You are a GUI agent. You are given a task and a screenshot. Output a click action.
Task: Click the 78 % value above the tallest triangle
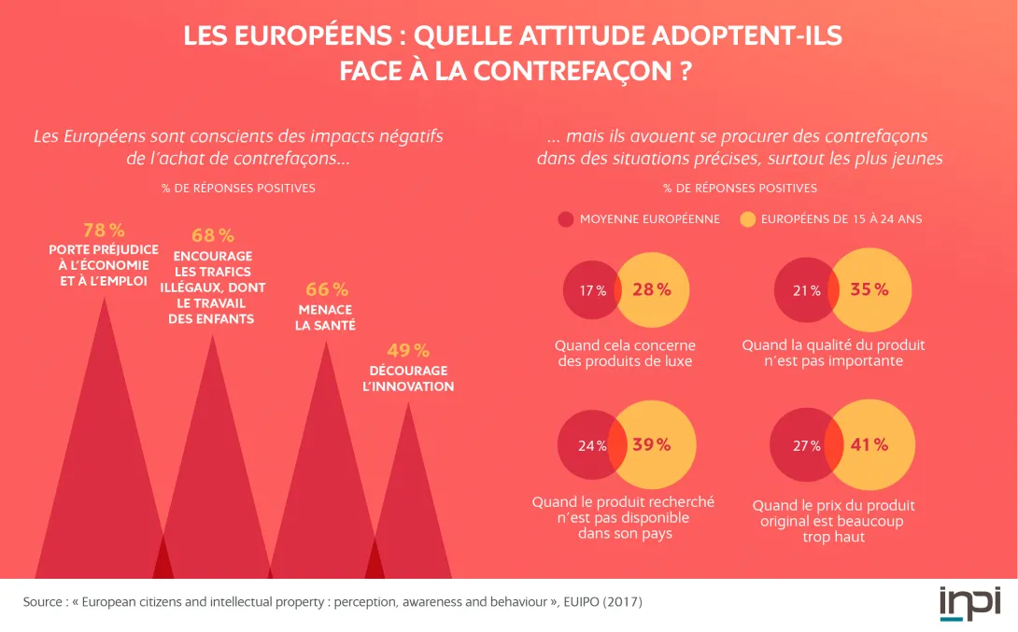pyautogui.click(x=104, y=230)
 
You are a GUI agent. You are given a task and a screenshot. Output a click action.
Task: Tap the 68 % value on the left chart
pyautogui.click(x=213, y=236)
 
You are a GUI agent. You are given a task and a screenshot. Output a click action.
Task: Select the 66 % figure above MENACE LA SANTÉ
pyautogui.click(x=326, y=289)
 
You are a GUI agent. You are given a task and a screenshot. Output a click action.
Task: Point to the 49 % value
pyautogui.click(x=407, y=351)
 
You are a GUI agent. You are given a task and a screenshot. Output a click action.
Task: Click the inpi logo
pyautogui.click(x=969, y=602)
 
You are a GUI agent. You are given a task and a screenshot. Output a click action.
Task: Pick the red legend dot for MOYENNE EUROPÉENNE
pyautogui.click(x=565, y=219)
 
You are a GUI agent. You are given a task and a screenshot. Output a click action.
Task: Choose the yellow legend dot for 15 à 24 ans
pyautogui.click(x=747, y=219)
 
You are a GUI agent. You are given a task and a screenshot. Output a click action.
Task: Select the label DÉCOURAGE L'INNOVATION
pyautogui.click(x=407, y=378)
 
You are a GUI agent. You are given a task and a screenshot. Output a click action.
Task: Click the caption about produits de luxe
pyautogui.click(x=625, y=353)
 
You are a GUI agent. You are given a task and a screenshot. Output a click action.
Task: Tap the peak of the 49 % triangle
pyautogui.click(x=407, y=403)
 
